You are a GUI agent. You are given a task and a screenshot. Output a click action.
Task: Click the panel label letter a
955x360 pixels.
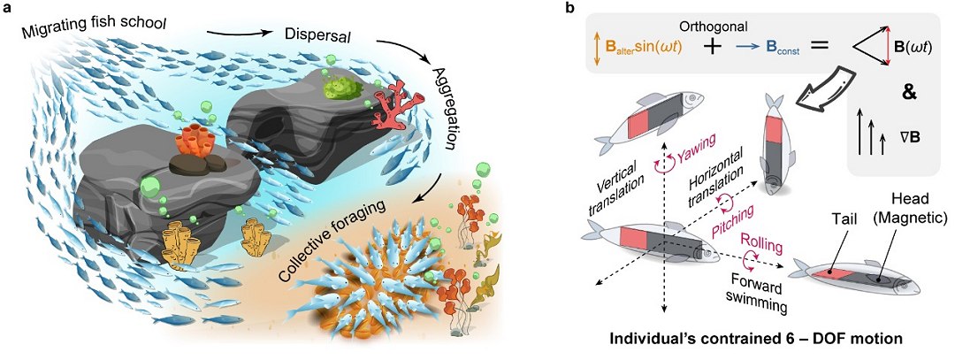(7, 8)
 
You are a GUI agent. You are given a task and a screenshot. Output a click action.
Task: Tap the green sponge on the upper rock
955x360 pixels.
(340, 86)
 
